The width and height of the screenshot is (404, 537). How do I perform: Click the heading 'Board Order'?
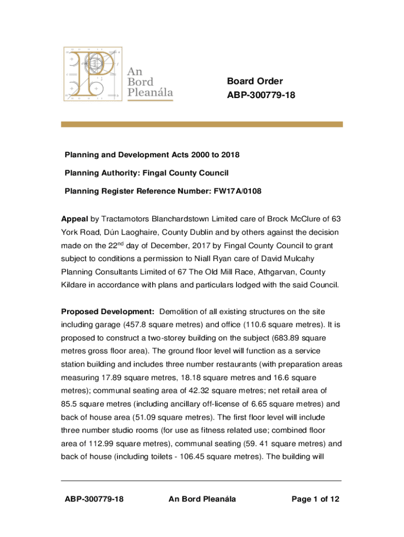pos(254,81)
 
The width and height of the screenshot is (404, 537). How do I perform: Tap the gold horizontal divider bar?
pos(202,124)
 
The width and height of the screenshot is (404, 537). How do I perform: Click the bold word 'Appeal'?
pos(74,218)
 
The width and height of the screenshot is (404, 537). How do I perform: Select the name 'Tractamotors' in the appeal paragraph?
pos(125,218)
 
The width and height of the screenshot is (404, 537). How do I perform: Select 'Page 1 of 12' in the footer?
pos(315,499)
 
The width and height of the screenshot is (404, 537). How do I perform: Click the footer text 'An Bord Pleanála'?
pos(202,499)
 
